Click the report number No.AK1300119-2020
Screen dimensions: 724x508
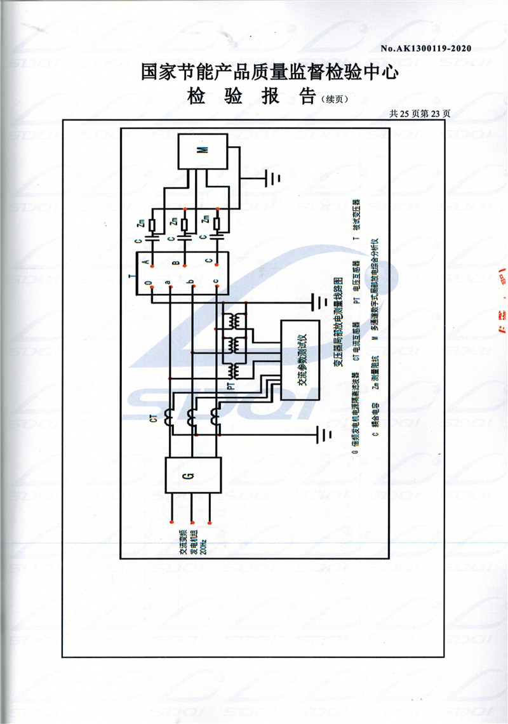click(425, 48)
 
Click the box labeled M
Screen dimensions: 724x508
click(203, 151)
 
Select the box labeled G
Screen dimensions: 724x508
click(193, 474)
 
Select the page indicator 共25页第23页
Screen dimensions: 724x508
click(420, 114)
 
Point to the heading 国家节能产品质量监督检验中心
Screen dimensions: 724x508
click(270, 74)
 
